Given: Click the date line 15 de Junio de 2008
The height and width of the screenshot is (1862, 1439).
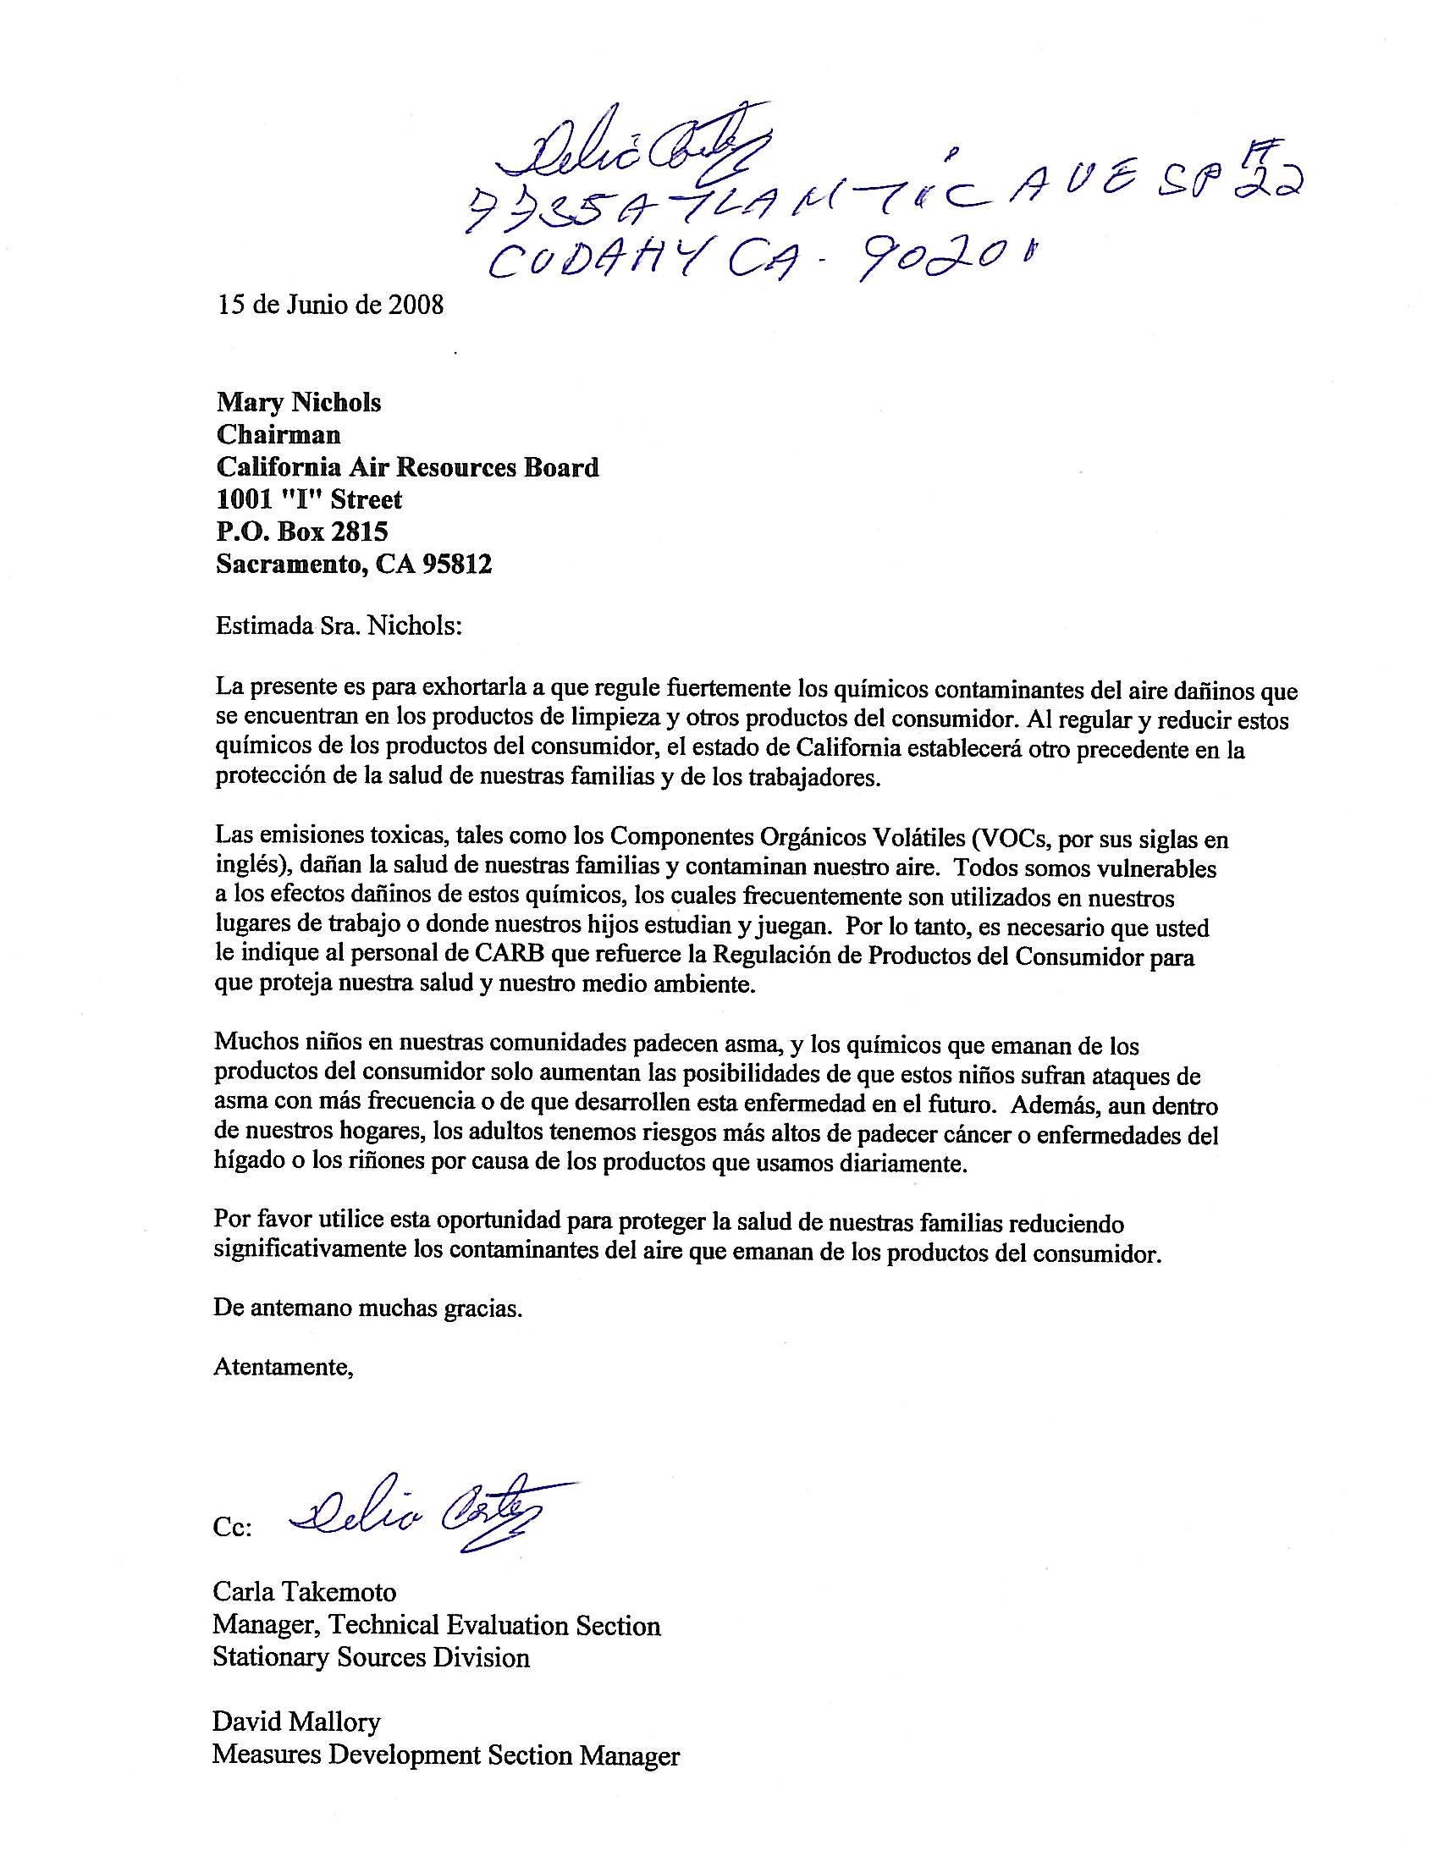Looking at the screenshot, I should (x=330, y=306).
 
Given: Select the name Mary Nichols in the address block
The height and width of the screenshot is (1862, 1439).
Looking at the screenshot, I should (x=298, y=402).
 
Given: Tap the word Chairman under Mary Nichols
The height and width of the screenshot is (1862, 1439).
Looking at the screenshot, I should (x=278, y=435).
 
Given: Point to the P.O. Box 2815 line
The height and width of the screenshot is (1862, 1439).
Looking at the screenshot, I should (x=302, y=532).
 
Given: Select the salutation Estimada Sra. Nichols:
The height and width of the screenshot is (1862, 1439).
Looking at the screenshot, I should (x=339, y=627).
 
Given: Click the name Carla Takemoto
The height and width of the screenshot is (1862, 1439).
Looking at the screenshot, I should (x=305, y=1592).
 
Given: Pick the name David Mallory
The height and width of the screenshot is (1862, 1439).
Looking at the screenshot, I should (x=295, y=1699).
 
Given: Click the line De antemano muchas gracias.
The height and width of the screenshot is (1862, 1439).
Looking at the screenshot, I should (x=367, y=1308).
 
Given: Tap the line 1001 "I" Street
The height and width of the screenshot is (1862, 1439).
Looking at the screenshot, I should (x=309, y=499).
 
